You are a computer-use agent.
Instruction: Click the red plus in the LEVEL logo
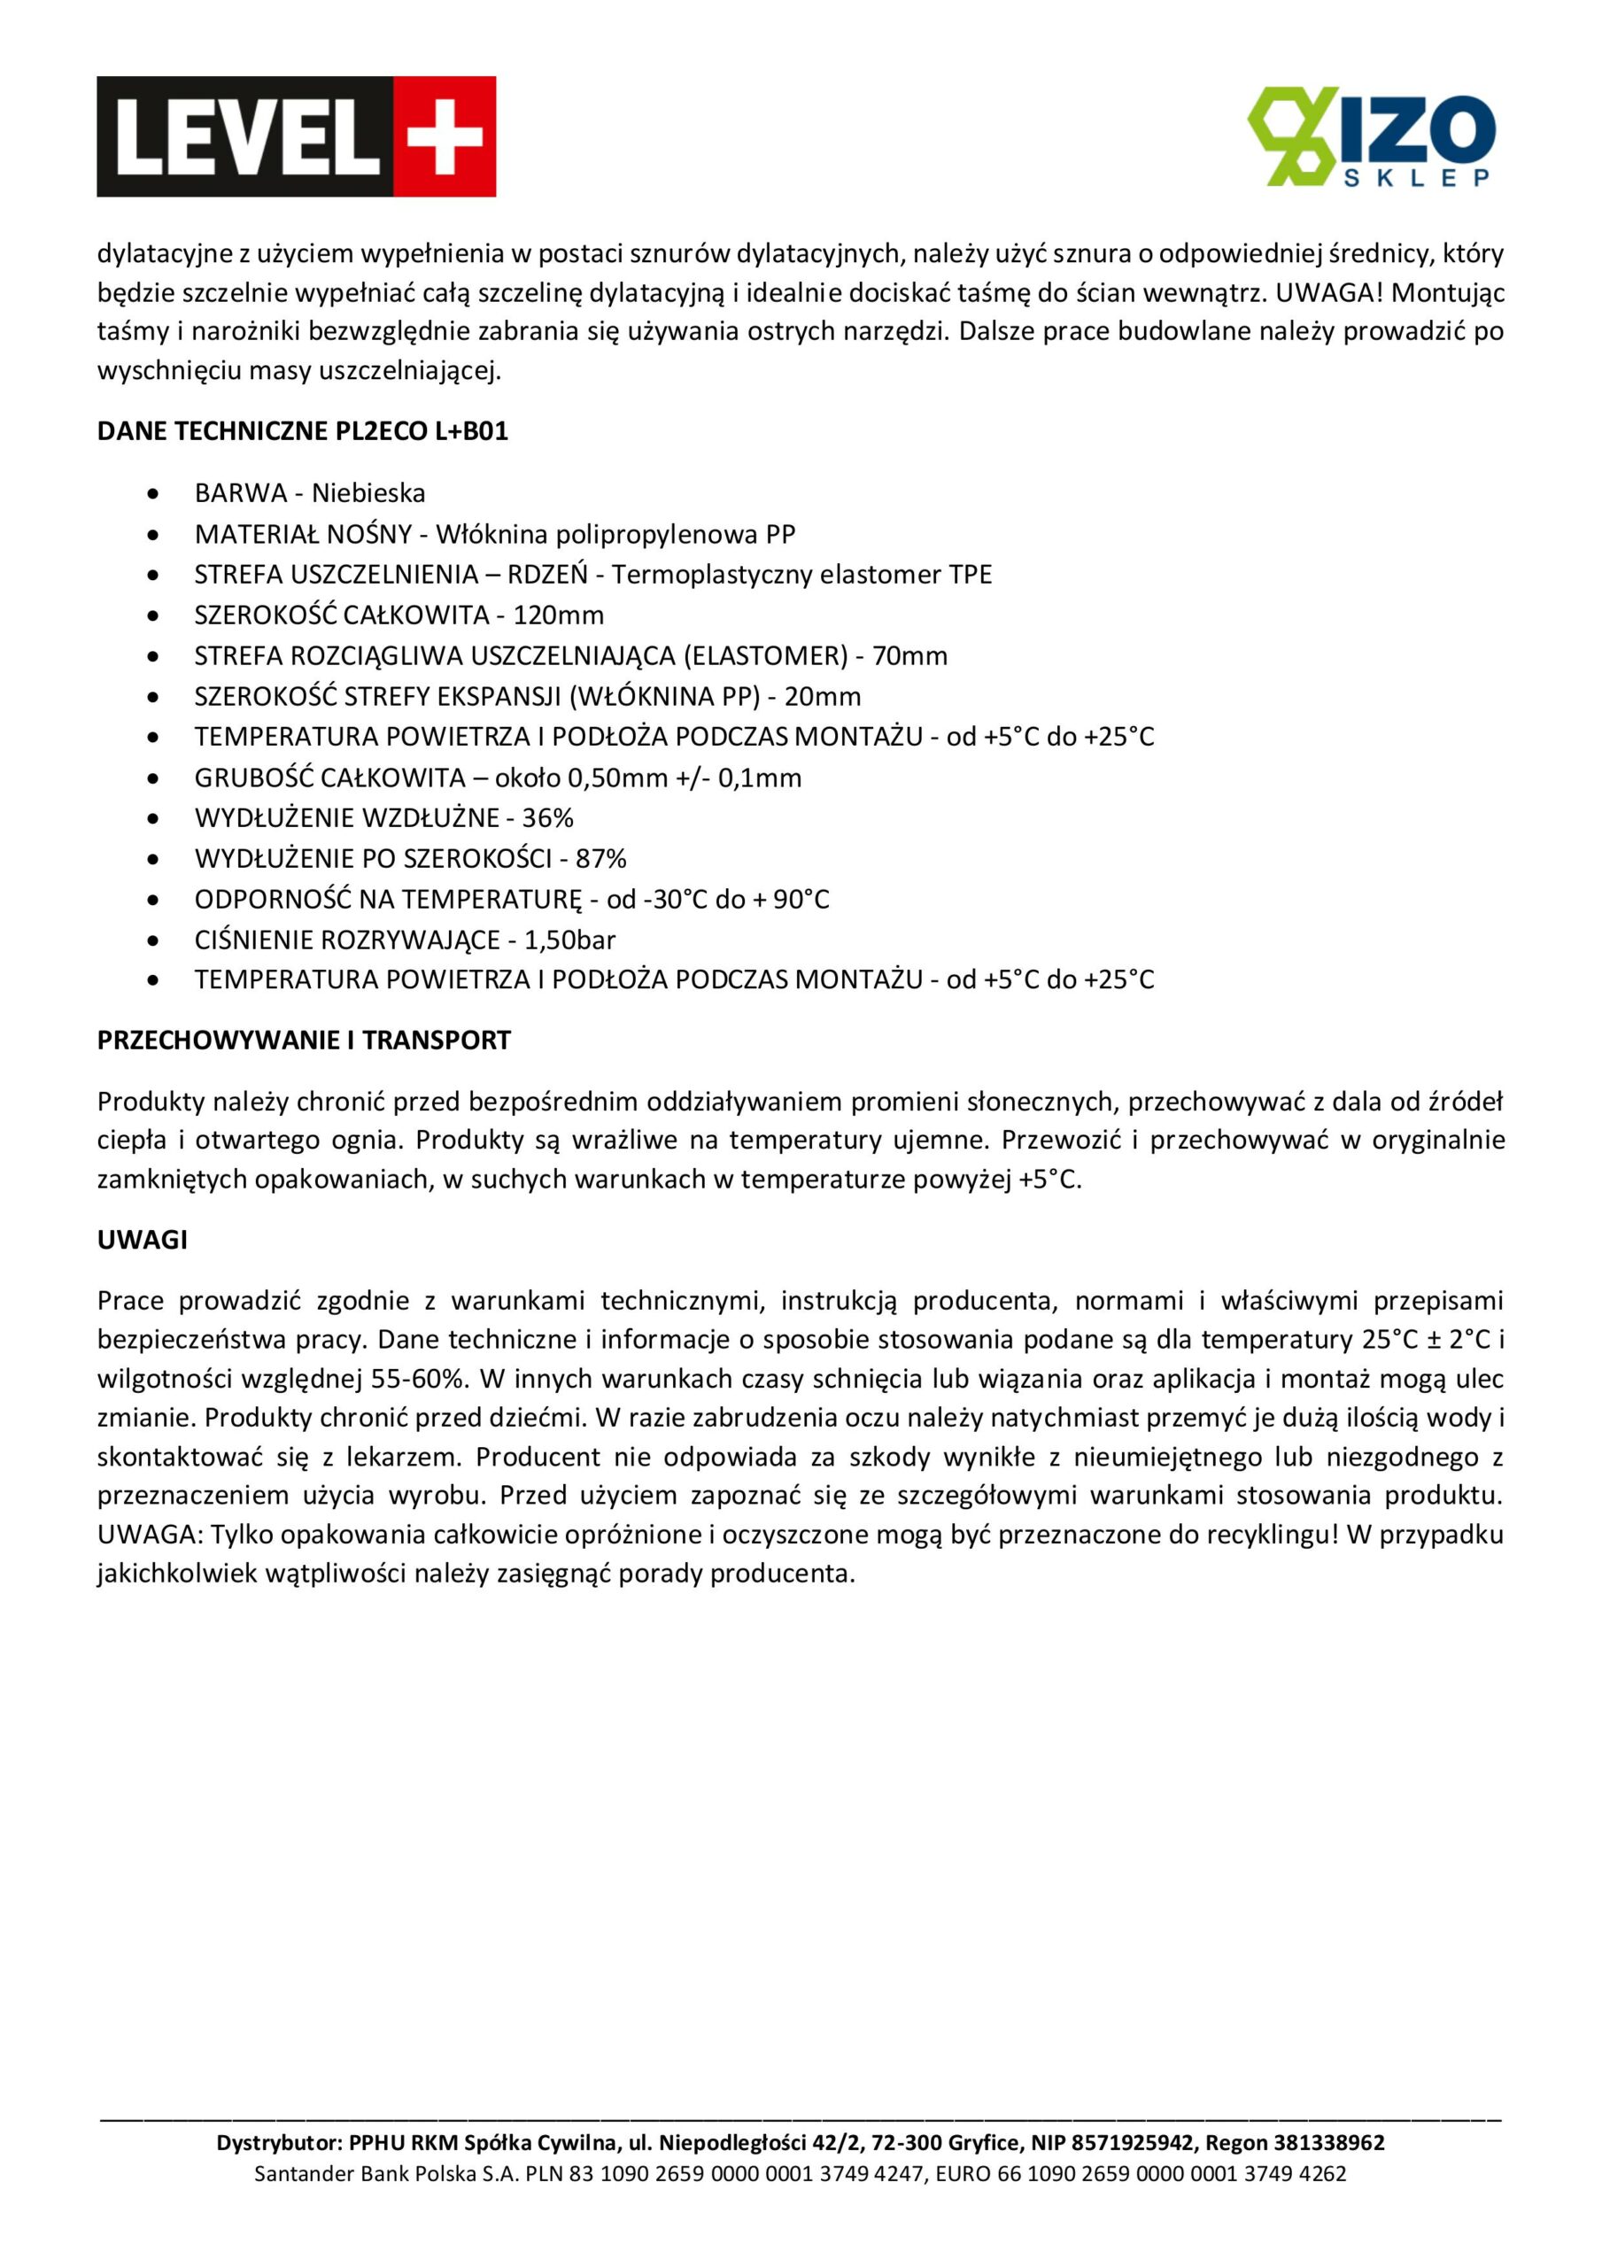coord(445,136)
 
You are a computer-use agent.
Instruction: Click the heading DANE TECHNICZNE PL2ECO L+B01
coord(302,431)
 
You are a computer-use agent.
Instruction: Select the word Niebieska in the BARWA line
coord(368,492)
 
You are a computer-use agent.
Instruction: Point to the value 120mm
coord(558,615)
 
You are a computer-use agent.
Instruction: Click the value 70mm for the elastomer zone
coord(909,655)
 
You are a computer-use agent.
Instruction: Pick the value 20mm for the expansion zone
coord(823,696)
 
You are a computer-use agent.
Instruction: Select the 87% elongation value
coord(600,858)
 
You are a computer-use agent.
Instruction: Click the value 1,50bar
coord(570,939)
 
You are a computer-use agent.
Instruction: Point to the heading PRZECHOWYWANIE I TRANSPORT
coord(303,1040)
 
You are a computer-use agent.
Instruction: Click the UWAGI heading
coord(143,1240)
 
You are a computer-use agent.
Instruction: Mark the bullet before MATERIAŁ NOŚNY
coord(152,534)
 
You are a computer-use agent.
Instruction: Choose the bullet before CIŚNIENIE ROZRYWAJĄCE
coord(152,940)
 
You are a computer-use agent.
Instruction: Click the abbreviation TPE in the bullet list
coord(970,575)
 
